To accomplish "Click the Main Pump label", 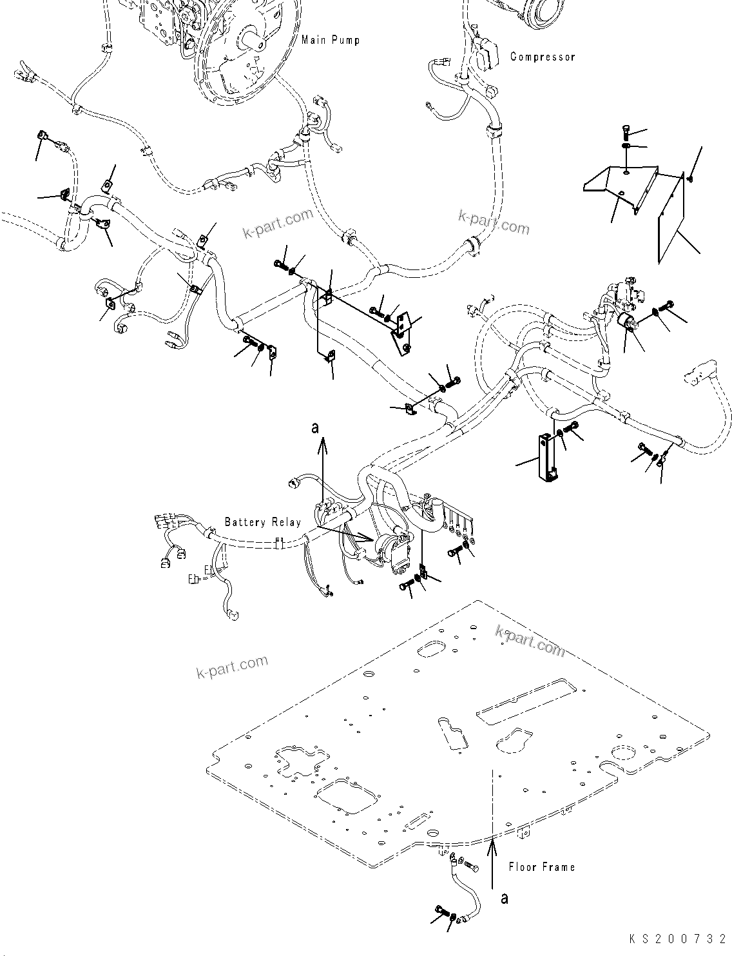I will pos(331,40).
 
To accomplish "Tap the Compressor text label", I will pos(543,57).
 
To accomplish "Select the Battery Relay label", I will pos(262,522).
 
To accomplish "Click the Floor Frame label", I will pos(541,867).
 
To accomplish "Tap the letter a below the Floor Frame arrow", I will pos(504,897).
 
